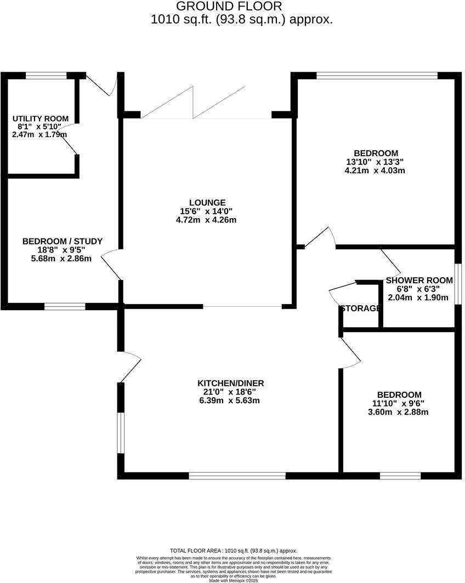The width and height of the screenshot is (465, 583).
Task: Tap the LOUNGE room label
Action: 204,203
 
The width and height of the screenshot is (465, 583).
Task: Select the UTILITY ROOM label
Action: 41,118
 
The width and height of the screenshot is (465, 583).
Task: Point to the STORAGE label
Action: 360,308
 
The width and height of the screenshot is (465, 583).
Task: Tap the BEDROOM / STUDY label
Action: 62,241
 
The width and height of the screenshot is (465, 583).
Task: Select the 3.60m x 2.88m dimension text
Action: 399,412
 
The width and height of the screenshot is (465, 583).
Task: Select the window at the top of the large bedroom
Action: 377,76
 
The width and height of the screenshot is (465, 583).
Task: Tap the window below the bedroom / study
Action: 65,306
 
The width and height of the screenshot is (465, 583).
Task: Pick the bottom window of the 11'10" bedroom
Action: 400,476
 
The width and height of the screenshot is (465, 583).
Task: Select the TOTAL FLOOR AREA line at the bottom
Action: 234,551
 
